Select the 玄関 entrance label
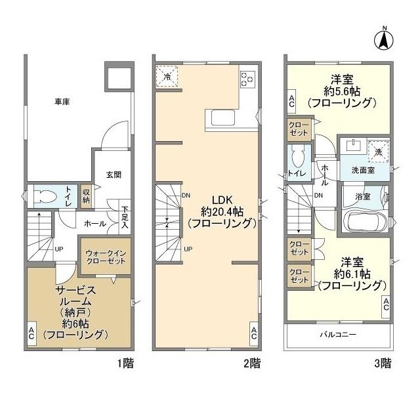[x=113, y=175]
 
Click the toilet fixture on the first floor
[x=46, y=195]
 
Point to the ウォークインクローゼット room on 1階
[x=106, y=255]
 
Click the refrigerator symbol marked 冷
[x=167, y=77]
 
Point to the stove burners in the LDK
[x=248, y=78]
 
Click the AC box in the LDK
[x=253, y=333]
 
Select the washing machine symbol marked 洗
[x=377, y=152]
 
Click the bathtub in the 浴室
[x=363, y=222]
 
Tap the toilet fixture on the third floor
[x=298, y=157]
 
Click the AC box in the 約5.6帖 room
[x=291, y=101]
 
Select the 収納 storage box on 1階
[x=86, y=195]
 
